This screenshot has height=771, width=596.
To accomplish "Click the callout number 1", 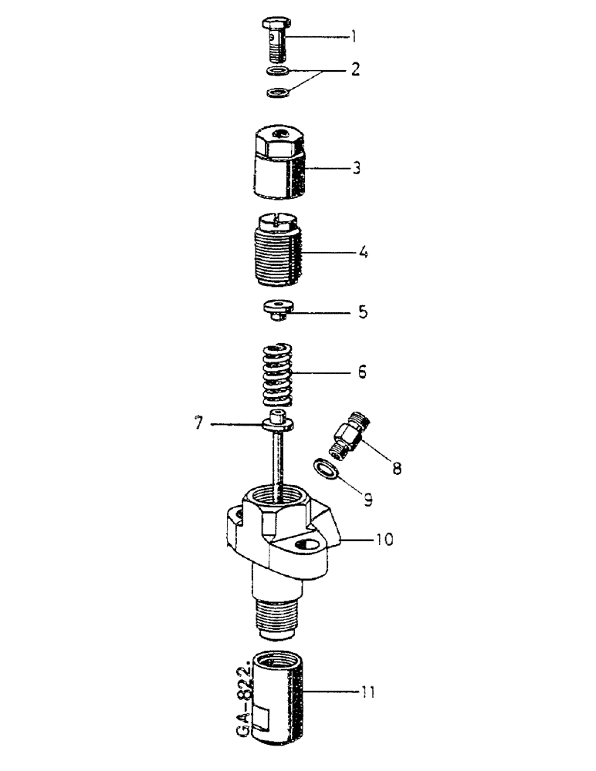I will coord(353,35).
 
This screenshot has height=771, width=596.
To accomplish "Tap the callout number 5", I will coord(361,314).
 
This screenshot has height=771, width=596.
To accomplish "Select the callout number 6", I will coord(361,373).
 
